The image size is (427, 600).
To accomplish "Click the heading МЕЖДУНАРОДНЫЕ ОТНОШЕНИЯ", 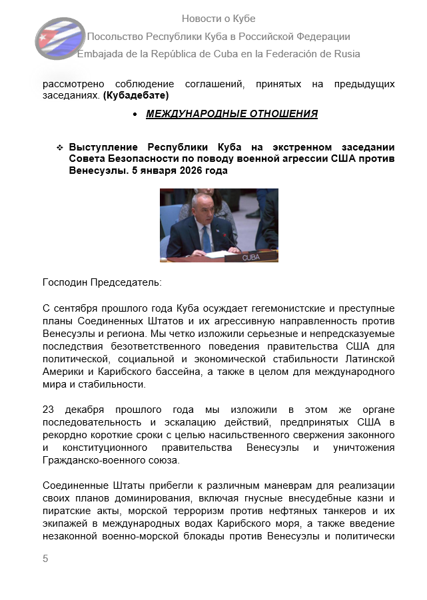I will click(232, 114).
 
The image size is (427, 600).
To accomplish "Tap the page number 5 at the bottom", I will click(45, 558).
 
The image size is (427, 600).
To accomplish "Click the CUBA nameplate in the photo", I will click(251, 256).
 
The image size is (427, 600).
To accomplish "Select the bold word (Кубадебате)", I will click(136, 95).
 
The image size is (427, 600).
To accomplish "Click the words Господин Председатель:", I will click(101, 282).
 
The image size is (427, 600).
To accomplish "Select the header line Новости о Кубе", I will click(218, 19).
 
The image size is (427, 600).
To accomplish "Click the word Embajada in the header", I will click(99, 54).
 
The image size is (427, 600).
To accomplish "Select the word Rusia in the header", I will click(346, 54).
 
